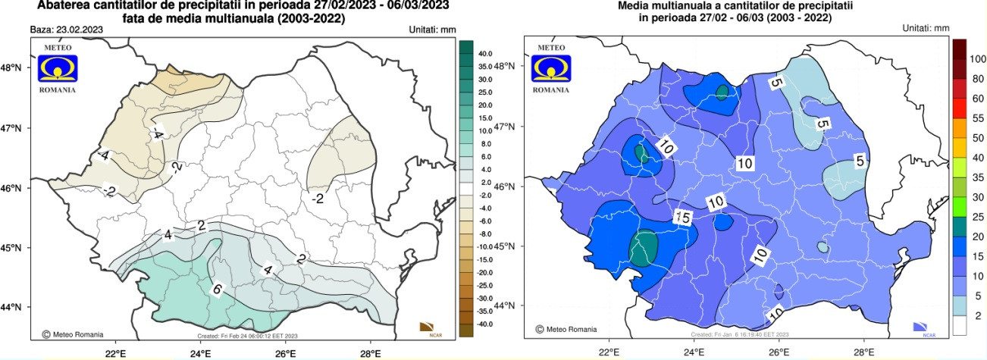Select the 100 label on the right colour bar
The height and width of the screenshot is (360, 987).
tap(977, 58)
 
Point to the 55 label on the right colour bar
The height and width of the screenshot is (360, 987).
tap(977, 118)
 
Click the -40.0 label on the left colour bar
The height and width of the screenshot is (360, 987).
tap(486, 324)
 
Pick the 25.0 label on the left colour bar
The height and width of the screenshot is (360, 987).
tap(486, 92)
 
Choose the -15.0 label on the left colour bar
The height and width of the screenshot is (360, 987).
tap(486, 259)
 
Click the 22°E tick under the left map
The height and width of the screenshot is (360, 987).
tap(115, 352)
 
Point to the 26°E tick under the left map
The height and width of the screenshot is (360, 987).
tap(285, 352)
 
